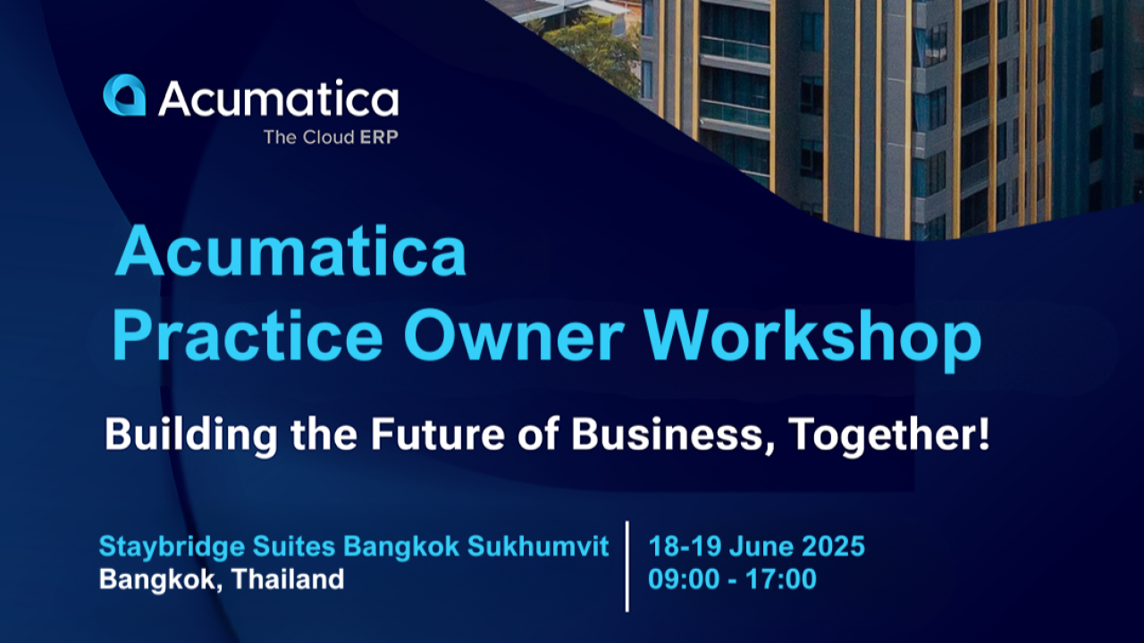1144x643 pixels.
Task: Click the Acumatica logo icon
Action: (123, 96)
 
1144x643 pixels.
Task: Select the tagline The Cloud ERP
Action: (332, 138)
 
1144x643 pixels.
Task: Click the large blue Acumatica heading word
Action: (290, 253)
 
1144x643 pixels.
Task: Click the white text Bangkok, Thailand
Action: (221, 579)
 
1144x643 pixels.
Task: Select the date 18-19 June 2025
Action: (756, 546)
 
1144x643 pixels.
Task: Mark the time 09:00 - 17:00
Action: (732, 579)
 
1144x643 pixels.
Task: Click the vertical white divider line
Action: (627, 565)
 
